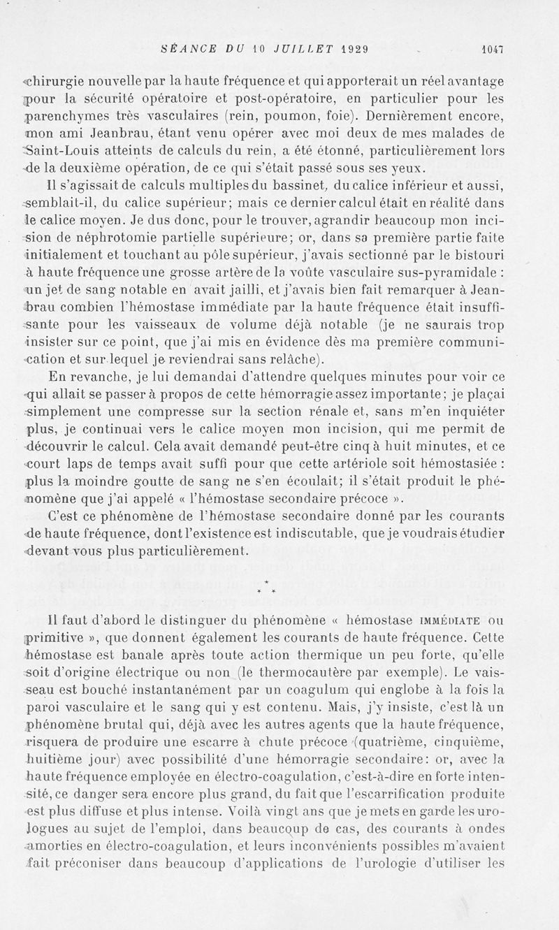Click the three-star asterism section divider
point(268,588)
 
